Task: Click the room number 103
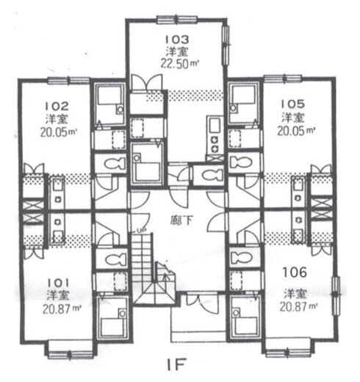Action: tap(177, 40)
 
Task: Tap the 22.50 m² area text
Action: tap(179, 63)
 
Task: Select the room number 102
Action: tap(57, 107)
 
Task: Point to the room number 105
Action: tap(292, 104)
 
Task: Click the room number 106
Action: tap(295, 273)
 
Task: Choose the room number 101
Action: tap(58, 284)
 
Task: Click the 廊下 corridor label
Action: tap(181, 220)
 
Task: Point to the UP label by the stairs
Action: tap(141, 230)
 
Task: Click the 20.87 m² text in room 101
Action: tap(62, 309)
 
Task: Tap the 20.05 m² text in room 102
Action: tap(59, 132)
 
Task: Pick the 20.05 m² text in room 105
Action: tap(296, 131)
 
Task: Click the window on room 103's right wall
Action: tap(226, 45)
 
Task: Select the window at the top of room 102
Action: tap(68, 80)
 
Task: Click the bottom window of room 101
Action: tap(71, 354)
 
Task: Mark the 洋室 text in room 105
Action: tap(293, 118)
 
